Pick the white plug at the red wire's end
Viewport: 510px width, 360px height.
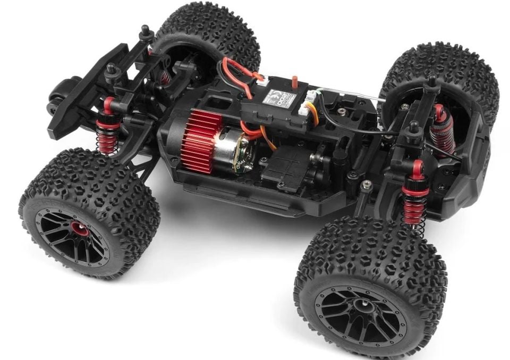262,78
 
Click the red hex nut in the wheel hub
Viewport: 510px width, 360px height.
72,231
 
